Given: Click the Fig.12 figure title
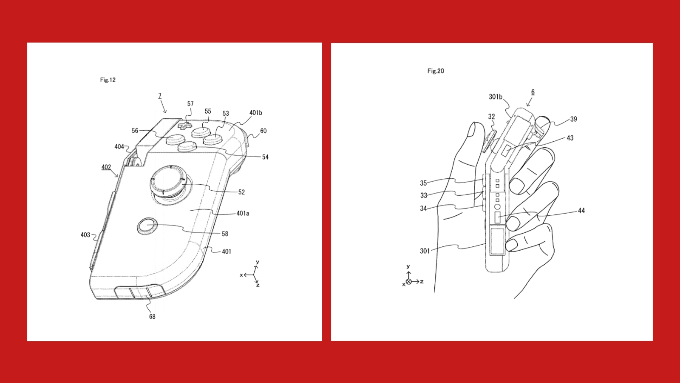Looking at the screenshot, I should [108, 80].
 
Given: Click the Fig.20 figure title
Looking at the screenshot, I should [436, 71].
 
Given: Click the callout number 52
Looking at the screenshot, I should [241, 192].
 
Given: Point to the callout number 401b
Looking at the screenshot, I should [255, 113].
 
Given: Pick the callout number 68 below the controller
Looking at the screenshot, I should [152, 317].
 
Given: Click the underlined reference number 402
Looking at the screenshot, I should [106, 167].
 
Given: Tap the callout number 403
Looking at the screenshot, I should [85, 235].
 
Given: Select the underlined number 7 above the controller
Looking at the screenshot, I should [160, 96].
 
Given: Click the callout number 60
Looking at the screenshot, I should [263, 131].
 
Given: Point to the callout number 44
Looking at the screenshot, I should [581, 211].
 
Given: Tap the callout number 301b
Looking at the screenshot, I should [495, 97].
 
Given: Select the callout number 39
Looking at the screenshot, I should [573, 119].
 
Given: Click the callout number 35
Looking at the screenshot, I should [423, 183].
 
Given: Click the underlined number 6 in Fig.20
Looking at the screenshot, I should [533, 92].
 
